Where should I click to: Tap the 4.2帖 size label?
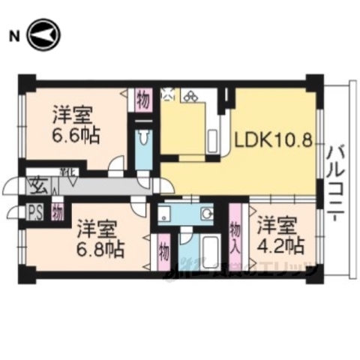(x=281, y=244)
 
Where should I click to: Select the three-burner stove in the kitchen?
(x=190, y=96)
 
